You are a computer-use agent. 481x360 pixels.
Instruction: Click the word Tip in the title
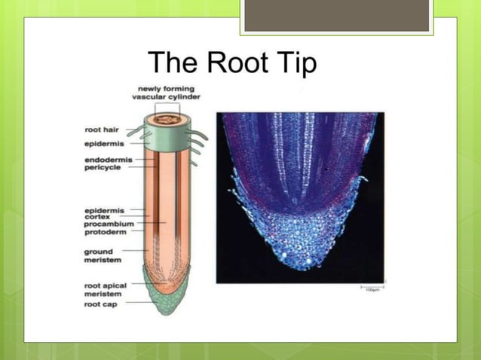tap(296, 63)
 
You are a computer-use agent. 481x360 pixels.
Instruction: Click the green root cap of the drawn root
tap(164, 301)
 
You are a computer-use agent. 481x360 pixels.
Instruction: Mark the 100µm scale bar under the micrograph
tap(372, 287)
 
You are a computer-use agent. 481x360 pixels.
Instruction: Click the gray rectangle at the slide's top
tap(336, 15)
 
